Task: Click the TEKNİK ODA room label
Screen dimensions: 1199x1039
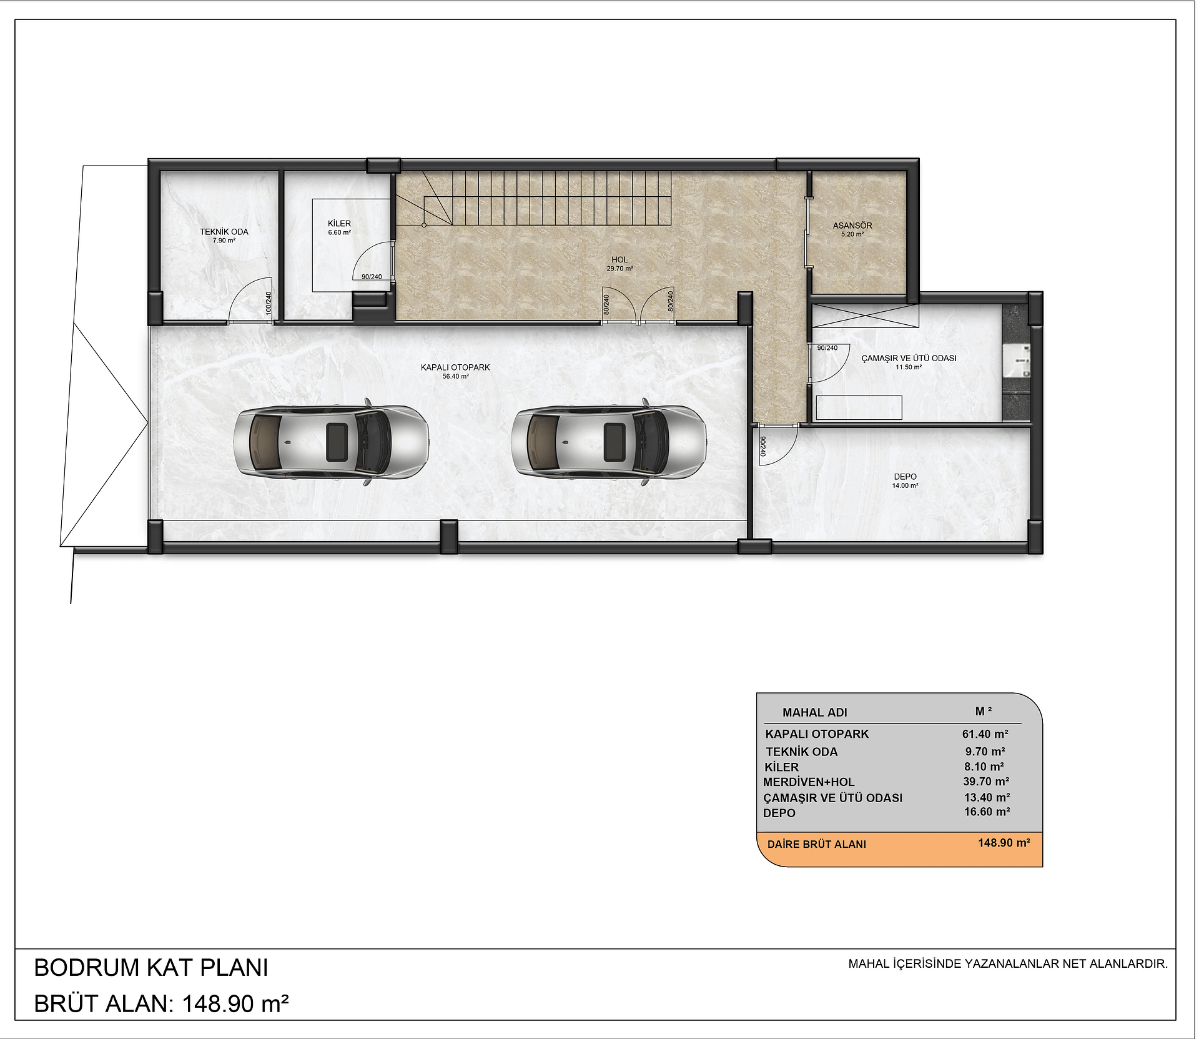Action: (224, 232)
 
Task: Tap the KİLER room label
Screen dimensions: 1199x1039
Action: (339, 223)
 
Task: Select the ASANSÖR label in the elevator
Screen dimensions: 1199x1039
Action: (852, 226)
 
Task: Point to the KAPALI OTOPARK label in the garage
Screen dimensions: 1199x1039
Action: (455, 367)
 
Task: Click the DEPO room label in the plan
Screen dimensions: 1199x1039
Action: (905, 477)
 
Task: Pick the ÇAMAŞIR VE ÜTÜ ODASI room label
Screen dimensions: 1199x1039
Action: (909, 358)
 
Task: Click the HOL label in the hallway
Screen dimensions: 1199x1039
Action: (619, 260)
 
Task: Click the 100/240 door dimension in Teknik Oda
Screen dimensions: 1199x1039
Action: (269, 303)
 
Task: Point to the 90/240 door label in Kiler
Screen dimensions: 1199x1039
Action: (372, 277)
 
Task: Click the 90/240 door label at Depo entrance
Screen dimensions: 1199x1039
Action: (762, 447)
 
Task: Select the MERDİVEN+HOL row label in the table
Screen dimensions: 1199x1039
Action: (809, 782)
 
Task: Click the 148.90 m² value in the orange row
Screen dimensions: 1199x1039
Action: (1004, 843)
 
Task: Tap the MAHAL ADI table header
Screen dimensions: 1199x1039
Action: (815, 712)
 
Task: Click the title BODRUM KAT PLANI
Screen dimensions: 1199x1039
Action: (151, 967)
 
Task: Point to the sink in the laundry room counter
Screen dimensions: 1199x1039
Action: (1017, 362)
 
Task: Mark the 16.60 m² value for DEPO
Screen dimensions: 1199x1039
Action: (987, 812)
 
